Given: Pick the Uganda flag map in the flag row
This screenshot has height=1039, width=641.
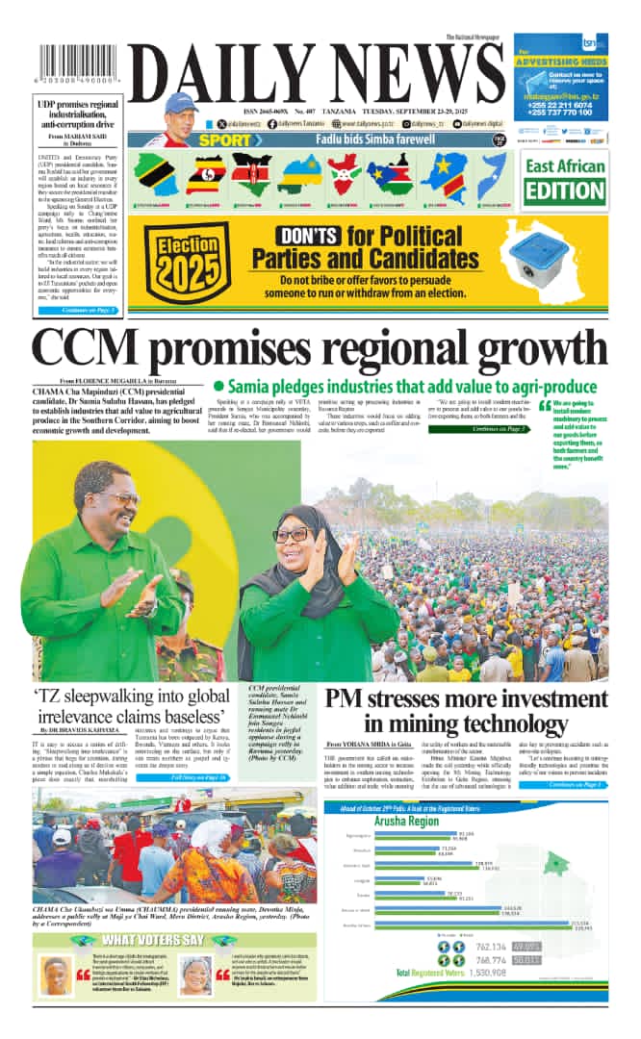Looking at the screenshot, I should pyautogui.click(x=205, y=174).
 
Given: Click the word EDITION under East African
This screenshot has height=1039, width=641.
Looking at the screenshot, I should pyautogui.click(x=564, y=190).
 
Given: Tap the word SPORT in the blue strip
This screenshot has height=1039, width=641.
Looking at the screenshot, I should pyautogui.click(x=218, y=139).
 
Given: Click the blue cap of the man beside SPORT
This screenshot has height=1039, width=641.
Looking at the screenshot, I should pyautogui.click(x=180, y=101).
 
